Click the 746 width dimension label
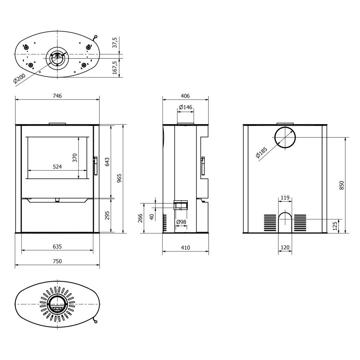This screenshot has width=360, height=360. pyautogui.click(x=57, y=96)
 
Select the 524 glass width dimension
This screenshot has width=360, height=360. pyautogui.click(x=57, y=167)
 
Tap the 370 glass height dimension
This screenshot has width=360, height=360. pyautogui.click(x=75, y=158)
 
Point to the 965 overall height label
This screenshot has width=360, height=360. pyautogui.click(x=119, y=178)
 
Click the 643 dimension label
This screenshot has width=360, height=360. pyautogui.click(x=107, y=162)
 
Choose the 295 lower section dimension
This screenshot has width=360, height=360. pyautogui.click(x=107, y=216)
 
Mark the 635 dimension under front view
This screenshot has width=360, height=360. pyautogui.click(x=57, y=246)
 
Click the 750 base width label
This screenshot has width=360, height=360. pyautogui.click(x=57, y=261)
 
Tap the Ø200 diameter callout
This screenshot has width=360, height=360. pyautogui.click(x=19, y=78)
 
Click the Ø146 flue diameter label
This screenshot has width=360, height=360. pyautogui.click(x=186, y=107)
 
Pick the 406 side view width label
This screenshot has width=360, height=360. pyautogui.click(x=185, y=96)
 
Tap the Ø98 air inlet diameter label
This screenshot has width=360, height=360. pyautogui.click(x=181, y=222)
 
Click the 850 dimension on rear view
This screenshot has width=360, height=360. pyautogui.click(x=342, y=185)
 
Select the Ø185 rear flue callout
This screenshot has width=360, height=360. pyautogui.click(x=262, y=153)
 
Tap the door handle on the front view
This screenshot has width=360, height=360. pyautogui.click(x=95, y=166)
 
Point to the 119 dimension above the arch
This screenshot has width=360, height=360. pyautogui.click(x=285, y=198)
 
